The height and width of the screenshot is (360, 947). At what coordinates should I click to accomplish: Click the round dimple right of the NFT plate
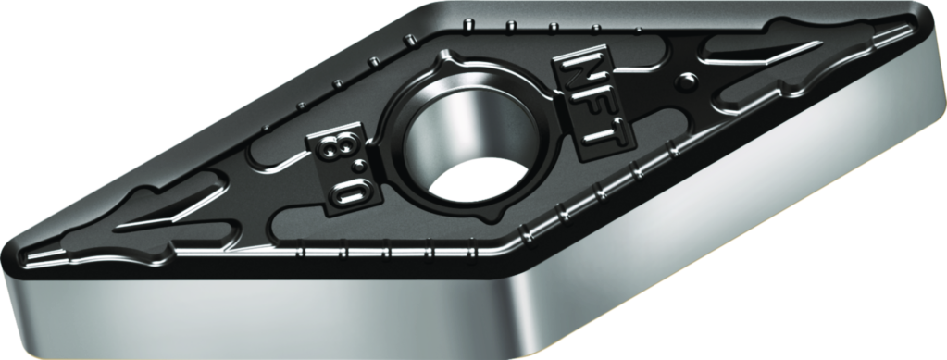click(687, 80)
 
